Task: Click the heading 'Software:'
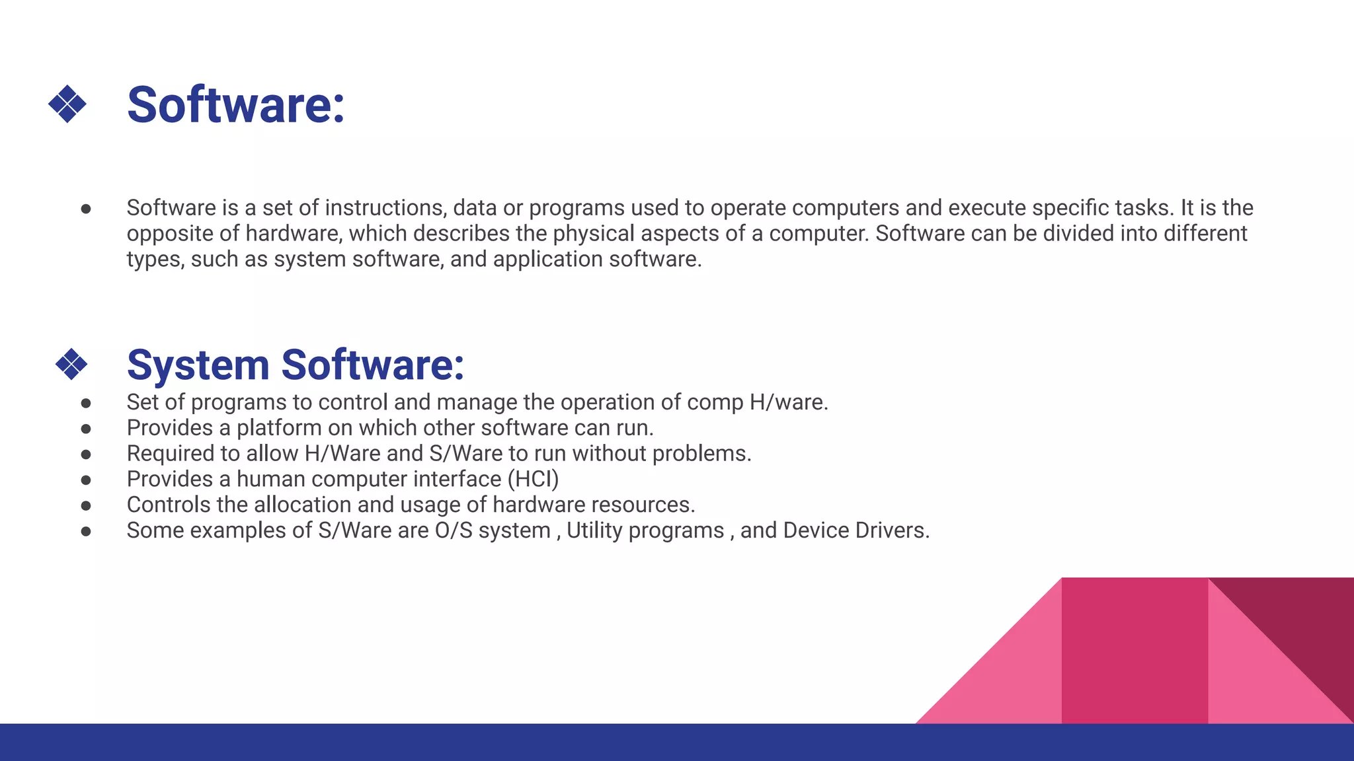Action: point(235,105)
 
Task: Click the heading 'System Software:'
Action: point(295,365)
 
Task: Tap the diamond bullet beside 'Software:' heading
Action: point(67,104)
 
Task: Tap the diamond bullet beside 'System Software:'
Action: point(71,364)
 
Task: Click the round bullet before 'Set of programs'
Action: point(86,403)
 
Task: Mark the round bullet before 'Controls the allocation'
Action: point(86,506)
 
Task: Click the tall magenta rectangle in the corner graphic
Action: point(1135,651)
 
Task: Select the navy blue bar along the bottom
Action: point(677,742)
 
